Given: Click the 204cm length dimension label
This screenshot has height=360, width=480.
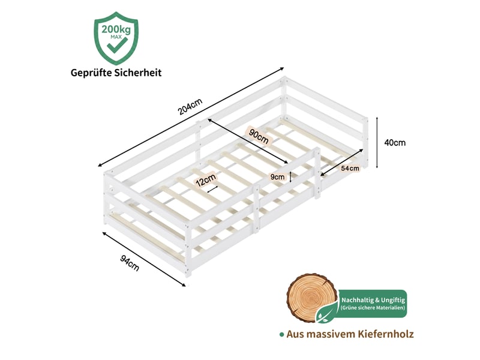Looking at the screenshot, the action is [x=190, y=107].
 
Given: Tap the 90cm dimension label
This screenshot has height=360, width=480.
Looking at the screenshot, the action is [x=259, y=136].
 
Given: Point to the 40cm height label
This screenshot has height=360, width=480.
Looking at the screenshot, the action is [x=395, y=143].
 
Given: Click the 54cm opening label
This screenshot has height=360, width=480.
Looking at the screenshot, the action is [x=350, y=168].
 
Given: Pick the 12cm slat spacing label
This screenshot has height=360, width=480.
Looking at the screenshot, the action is [x=206, y=179].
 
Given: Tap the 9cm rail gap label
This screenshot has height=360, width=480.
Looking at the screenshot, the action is [x=277, y=176].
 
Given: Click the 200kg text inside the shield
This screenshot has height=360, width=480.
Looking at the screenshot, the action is [x=116, y=29].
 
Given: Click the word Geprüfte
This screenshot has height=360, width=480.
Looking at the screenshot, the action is [x=91, y=73].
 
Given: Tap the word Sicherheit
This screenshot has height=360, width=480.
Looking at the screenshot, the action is [x=138, y=73].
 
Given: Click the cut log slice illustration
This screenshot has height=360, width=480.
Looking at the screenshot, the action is [x=311, y=298].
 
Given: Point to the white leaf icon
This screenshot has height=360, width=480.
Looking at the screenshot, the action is [x=323, y=314].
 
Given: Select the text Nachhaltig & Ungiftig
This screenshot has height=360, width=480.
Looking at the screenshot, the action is [x=373, y=300].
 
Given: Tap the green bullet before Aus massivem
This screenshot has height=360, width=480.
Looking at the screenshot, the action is [x=281, y=335].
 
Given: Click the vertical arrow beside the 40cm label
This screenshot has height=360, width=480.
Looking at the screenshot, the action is [x=377, y=142].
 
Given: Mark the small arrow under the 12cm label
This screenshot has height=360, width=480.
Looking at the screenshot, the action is [x=212, y=190].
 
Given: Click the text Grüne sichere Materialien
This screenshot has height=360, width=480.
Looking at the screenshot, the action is [x=373, y=308].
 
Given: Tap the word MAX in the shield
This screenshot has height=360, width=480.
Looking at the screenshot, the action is [x=116, y=37].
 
